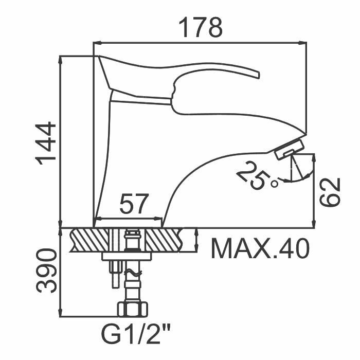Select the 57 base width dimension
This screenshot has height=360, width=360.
coord(134,205)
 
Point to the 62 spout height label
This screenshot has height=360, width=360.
coord(331,191)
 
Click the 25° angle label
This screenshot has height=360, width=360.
coord(257,175)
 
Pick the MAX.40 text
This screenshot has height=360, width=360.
coord(260,249)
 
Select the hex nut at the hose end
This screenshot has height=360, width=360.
coord(133,310)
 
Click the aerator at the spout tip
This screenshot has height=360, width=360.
coord(289,151)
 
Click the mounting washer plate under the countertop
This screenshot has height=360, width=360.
coord(127,256)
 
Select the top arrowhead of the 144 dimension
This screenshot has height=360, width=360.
coord(61,57)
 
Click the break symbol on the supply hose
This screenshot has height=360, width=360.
coord(133,271)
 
